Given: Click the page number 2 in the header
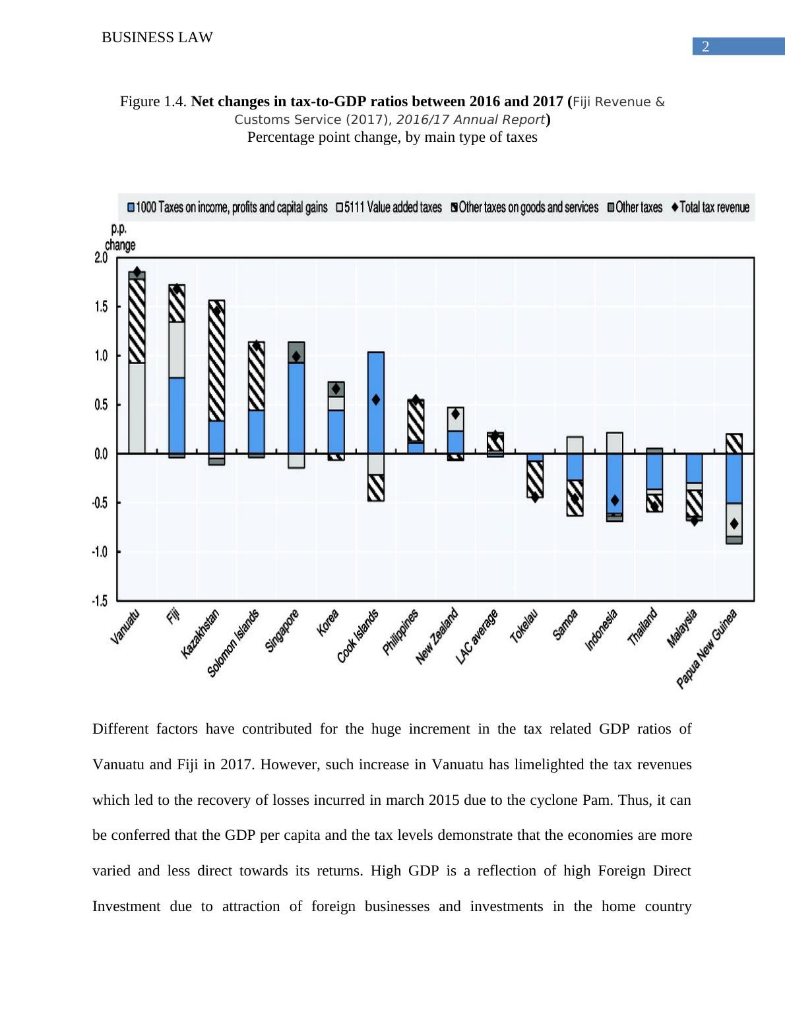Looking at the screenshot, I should coord(705,47).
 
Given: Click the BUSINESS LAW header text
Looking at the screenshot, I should coord(157,38).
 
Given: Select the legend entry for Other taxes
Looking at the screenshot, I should coord(634,207).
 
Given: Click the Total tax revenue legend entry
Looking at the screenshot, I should coord(710,207).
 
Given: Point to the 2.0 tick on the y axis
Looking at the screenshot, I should coord(101,258).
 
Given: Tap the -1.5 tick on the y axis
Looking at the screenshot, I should coord(100,600).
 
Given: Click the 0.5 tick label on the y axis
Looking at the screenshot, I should coord(101,405).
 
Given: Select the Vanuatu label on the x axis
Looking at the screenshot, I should coord(125,627).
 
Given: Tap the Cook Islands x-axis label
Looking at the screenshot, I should coord(358,636).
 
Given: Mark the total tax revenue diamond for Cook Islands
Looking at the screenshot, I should coord(376,399).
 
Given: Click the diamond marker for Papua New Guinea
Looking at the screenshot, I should coord(734,524).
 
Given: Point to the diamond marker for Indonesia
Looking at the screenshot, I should coord(615,500).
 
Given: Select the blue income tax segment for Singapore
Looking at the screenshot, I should coord(296,409).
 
